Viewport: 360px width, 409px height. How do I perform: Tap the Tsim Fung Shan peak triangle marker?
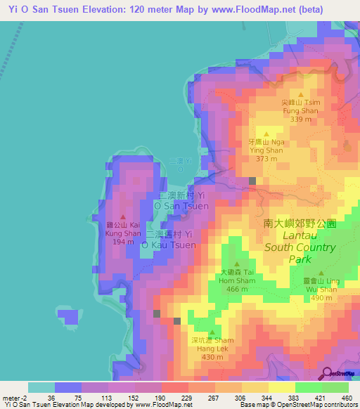click(301, 93)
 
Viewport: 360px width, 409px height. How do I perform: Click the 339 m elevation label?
click(301, 119)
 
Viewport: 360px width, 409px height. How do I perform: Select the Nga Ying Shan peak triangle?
click(266, 133)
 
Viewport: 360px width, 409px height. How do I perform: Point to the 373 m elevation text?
click(266, 159)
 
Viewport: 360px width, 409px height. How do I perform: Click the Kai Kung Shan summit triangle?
click(124, 216)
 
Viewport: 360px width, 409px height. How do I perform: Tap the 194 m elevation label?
click(124, 242)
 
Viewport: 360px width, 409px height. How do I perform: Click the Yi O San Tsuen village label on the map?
click(180, 200)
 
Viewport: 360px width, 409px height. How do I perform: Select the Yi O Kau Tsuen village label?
click(168, 239)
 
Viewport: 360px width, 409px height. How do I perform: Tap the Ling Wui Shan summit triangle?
click(321, 273)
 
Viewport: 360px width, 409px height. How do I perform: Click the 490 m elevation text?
click(321, 299)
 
